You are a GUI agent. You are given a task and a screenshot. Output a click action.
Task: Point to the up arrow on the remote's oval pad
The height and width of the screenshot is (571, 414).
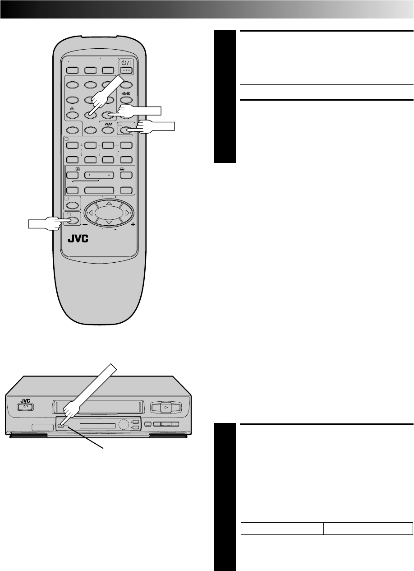109,204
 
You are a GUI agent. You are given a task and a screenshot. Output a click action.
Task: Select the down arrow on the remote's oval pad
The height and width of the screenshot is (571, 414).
109,222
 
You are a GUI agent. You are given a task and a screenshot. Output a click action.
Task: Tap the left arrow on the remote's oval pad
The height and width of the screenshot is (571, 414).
90,213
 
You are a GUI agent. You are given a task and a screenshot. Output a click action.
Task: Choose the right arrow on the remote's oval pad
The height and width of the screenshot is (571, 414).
128,213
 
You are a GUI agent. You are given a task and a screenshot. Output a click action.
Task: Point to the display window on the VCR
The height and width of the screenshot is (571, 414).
97,425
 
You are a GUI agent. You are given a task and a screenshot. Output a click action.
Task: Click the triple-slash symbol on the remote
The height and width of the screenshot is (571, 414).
107,123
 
